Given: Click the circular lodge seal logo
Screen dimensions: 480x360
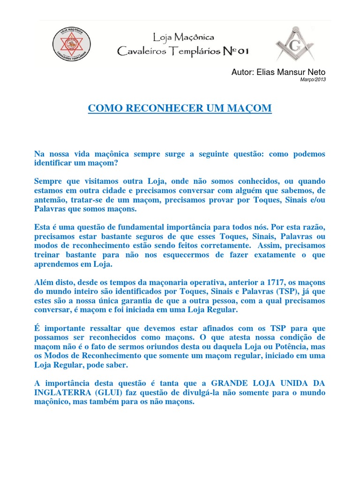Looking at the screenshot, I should coord(71,45).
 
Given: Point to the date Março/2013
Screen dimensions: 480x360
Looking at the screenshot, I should coord(313,80).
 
